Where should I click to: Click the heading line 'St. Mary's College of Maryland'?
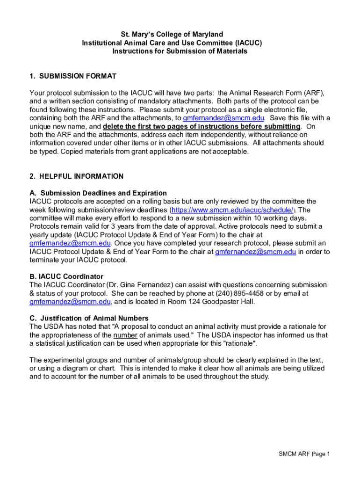pyautogui.click(x=172, y=35)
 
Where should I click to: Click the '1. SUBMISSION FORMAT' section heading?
pyautogui.click(x=72, y=76)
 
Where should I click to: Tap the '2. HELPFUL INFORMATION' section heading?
pyautogui.click(x=76, y=176)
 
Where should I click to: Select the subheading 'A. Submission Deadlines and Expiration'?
pyautogui.click(x=98, y=193)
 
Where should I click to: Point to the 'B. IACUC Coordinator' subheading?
pyautogui.click(x=66, y=276)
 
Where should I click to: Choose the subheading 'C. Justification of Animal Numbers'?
pyautogui.click(x=89, y=319)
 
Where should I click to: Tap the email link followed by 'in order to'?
pyautogui.click(x=255, y=252)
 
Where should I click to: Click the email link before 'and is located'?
pyautogui.click(x=70, y=302)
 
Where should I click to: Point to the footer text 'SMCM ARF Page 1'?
pyautogui.click(x=304, y=454)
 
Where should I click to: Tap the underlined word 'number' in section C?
pyautogui.click(x=125, y=335)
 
